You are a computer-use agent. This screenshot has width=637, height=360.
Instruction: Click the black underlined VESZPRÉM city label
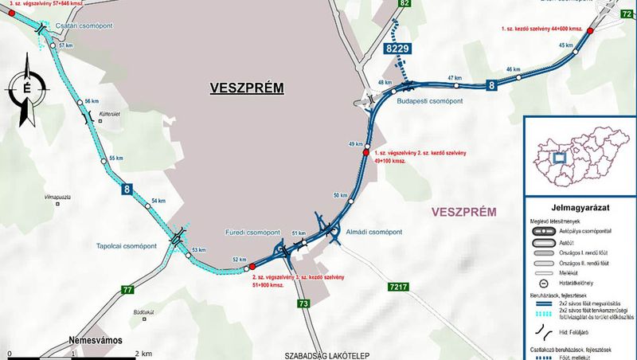247,87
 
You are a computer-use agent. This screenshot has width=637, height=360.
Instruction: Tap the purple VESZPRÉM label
463,212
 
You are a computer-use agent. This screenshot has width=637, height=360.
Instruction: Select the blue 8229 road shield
398,49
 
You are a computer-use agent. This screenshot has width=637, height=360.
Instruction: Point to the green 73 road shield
303,304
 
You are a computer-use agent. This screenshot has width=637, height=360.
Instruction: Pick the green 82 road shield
404,4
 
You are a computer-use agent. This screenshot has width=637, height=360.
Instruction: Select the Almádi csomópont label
374,233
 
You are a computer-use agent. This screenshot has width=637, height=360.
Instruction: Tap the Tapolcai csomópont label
127,245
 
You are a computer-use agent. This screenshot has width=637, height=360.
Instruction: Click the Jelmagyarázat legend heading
579,205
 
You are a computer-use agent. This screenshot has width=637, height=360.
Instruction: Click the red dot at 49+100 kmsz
366,152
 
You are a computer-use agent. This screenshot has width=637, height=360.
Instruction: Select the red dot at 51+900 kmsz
252,267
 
